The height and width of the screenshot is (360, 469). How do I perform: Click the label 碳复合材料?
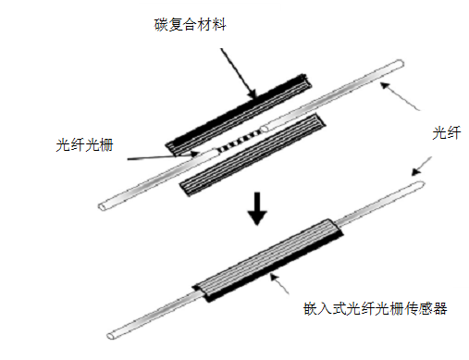[190, 25]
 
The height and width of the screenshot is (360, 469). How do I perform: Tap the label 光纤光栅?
[84, 144]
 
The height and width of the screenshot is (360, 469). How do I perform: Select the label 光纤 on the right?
[447, 133]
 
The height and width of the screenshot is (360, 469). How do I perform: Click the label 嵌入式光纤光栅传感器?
[376, 308]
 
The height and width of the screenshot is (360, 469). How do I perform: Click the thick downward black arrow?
[257, 208]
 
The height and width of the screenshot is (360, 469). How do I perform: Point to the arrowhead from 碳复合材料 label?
[253, 93]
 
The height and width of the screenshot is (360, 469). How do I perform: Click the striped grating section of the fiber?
[240, 141]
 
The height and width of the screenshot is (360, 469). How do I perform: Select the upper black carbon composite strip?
[239, 115]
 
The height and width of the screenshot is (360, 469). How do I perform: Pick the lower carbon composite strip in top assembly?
[253, 155]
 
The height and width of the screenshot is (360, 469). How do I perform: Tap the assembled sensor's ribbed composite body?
[267, 260]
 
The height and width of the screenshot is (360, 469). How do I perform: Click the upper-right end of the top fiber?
[400, 63]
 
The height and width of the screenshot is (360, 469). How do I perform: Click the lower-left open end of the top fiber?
[103, 206]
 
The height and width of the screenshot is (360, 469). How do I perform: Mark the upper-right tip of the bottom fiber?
[421, 184]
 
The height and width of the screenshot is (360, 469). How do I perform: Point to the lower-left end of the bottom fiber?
[111, 336]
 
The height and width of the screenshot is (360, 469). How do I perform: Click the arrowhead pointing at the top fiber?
[384, 84]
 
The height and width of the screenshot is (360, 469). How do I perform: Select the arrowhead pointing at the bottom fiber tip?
[415, 172]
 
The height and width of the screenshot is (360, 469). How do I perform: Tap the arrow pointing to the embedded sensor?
[279, 284]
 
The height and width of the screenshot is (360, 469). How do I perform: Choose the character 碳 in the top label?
[161, 25]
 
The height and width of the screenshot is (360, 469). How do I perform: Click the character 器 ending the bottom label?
[440, 308]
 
